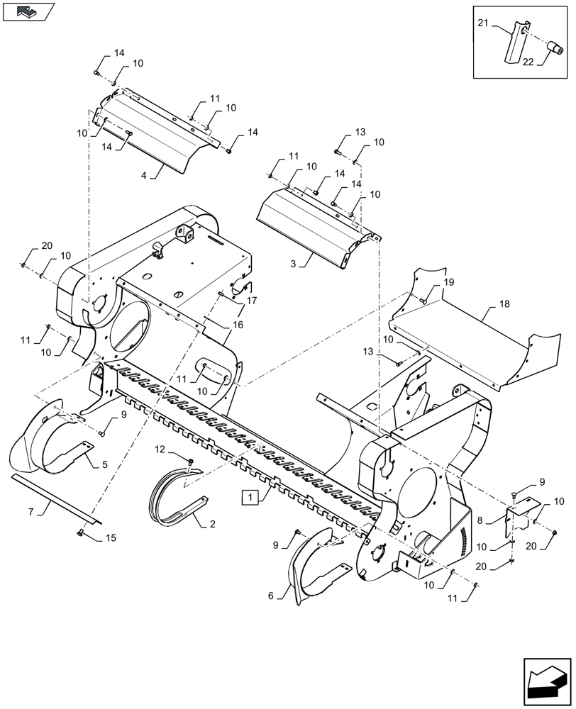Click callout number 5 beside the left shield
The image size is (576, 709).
[104, 464]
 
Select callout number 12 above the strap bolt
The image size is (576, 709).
[159, 449]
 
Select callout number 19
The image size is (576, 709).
[448, 282]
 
